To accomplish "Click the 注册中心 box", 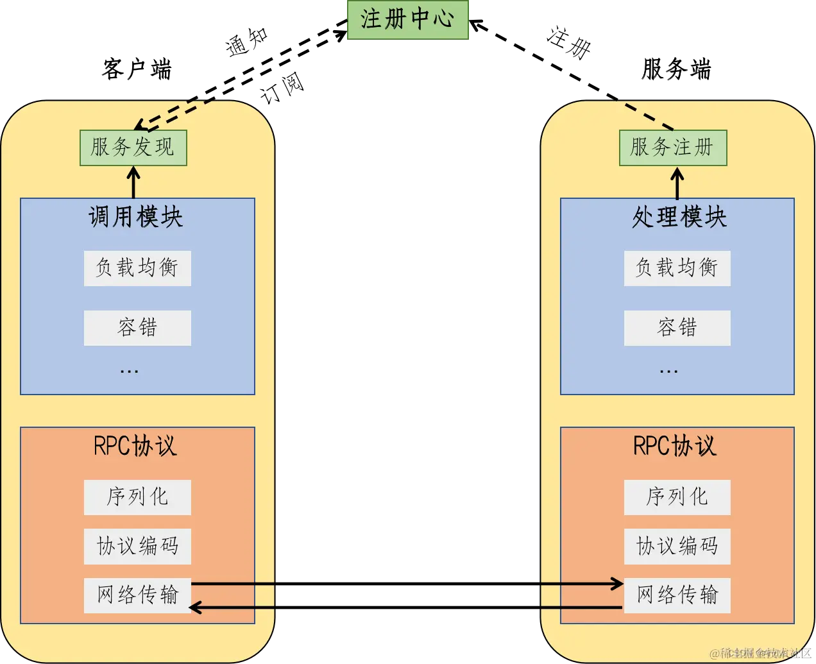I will click(x=407, y=19).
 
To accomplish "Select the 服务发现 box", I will click(x=133, y=148).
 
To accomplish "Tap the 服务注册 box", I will click(x=672, y=148).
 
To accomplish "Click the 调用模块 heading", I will click(x=136, y=217).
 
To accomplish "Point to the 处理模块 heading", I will click(x=679, y=217).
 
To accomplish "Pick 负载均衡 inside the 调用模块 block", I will click(x=137, y=268).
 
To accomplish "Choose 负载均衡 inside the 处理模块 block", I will click(x=677, y=268).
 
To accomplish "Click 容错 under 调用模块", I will click(x=137, y=328).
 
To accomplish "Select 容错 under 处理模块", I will click(x=677, y=328).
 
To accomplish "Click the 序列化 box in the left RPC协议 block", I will click(x=137, y=497).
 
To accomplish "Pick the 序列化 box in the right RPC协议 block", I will click(x=677, y=497).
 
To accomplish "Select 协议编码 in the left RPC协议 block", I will click(x=137, y=546).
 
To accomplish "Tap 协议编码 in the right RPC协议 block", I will click(x=677, y=546).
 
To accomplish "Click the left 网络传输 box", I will click(x=137, y=595).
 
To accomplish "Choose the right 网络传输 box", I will click(x=677, y=595).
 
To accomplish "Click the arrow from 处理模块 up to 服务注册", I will click(x=677, y=183).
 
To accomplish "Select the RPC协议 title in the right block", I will click(x=675, y=446).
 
